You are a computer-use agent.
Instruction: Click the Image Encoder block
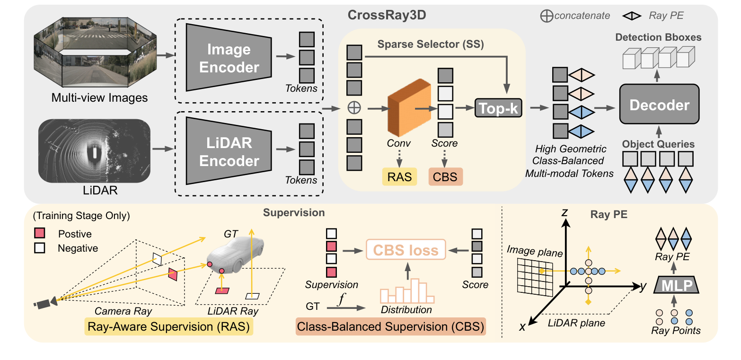click(x=229, y=57)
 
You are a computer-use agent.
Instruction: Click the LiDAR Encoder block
click(x=229, y=151)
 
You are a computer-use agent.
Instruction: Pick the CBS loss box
click(x=406, y=249)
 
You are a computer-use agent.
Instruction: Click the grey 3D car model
click(x=235, y=254)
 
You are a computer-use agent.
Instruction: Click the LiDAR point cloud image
click(x=94, y=151)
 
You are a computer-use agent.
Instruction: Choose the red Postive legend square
click(x=40, y=234)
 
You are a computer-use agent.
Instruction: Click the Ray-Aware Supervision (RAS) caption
click(x=169, y=327)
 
